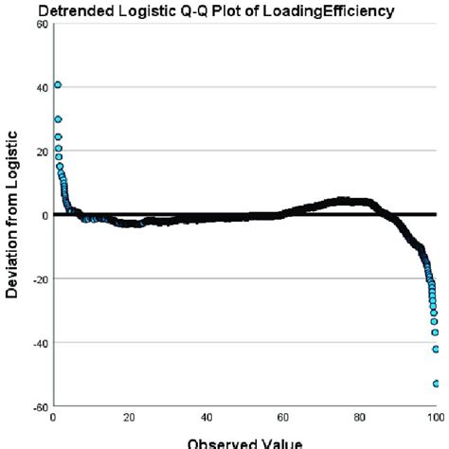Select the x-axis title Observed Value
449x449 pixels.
243,441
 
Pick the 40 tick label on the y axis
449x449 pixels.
42,87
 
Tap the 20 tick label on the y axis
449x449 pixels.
42,152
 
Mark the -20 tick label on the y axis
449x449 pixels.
40,279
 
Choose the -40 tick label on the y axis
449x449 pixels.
40,343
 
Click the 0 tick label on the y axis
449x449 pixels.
45,215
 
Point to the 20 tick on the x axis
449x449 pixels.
129,417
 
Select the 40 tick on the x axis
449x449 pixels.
206,417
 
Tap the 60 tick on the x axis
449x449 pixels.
282,417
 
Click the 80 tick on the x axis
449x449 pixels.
359,417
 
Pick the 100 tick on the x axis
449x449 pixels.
433,417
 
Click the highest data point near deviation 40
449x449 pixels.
57,85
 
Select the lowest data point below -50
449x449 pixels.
436,384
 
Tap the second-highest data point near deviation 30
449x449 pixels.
58,119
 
